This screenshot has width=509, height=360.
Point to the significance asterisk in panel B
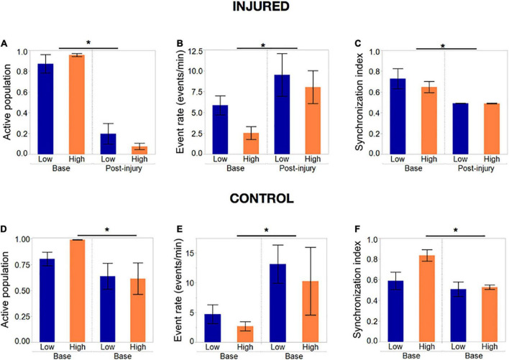point(263,46)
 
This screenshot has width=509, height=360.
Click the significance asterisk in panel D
point(106,230)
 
